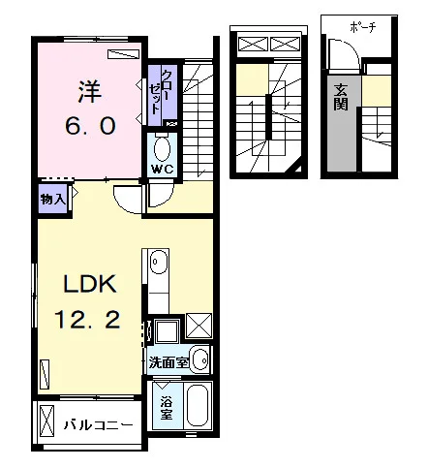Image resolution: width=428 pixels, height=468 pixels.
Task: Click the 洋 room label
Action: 90,92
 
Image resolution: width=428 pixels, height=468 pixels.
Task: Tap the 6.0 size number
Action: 90,126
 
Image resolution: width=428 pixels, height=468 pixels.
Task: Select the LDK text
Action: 90,284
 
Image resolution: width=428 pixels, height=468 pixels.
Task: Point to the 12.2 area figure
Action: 87,320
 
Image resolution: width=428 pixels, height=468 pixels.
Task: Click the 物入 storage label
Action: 53,200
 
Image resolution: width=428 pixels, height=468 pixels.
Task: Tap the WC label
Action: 163,169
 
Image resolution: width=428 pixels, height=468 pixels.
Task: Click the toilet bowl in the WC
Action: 163,149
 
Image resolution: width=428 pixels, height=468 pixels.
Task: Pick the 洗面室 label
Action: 168,362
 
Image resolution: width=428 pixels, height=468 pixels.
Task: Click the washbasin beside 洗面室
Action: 200,359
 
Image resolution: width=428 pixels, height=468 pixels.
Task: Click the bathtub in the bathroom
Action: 198,406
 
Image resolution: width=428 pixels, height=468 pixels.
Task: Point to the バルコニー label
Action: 98,425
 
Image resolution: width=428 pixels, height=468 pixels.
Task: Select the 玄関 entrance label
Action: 341,97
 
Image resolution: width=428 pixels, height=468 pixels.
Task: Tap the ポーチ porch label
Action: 363,28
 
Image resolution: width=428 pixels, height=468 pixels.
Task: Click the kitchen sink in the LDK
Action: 158,262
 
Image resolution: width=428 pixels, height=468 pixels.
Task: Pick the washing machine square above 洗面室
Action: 167,331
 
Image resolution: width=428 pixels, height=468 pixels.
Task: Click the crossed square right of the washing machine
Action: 199,326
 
